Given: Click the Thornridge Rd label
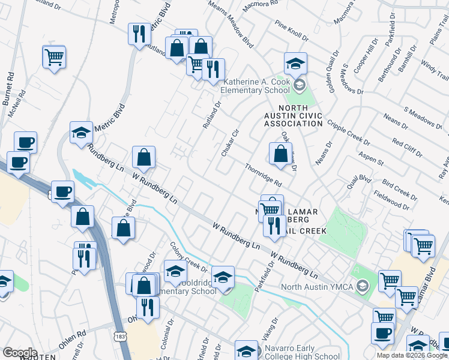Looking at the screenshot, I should [263, 175].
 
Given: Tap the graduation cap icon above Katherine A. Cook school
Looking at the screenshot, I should [295, 63].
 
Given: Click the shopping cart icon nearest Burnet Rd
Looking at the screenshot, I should [54, 58].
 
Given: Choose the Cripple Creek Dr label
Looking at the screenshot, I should [348, 132].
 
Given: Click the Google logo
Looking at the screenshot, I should [20, 353].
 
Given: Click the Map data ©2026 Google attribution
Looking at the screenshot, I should [412, 355].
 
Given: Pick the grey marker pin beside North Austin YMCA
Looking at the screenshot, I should [362, 286].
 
